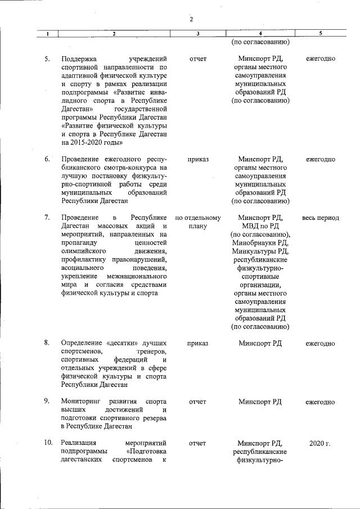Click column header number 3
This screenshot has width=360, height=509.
coord(198,34)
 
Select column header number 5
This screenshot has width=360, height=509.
coord(320,34)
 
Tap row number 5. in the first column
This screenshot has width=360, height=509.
coord(48,59)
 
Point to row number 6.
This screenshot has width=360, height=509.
coord(48,159)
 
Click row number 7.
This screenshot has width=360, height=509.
coord(48,218)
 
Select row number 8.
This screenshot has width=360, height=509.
coord(48,343)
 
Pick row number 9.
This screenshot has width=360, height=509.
coord(48,402)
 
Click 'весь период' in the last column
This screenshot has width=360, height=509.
coord(321,218)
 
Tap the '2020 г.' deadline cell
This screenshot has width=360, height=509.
coord(320,443)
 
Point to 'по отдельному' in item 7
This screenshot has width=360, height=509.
coord(198,218)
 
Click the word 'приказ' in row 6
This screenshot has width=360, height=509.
coord(198,159)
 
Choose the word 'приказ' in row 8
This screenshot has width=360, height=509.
coord(198,343)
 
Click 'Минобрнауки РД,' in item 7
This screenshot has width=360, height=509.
coord(260,244)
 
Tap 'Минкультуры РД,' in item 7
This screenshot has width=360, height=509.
coord(260,252)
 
